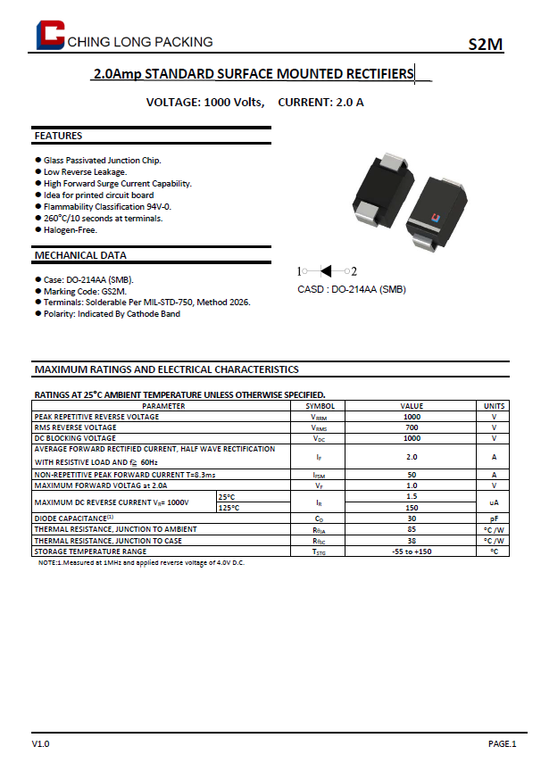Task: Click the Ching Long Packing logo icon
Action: pos(50,35)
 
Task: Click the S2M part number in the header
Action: pos(486,46)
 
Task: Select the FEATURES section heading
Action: pos(58,136)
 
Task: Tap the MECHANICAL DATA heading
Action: pos(80,255)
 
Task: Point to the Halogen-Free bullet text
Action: pos(71,229)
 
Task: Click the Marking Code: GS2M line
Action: pos(86,291)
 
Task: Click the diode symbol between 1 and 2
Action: pos(327,271)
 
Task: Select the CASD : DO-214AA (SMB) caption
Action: pos(351,289)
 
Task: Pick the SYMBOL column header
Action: pos(319,406)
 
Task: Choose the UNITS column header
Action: pos(494,406)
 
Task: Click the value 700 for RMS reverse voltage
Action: pos(412,427)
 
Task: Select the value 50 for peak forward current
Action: pos(412,475)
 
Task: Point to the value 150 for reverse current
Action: pos(412,507)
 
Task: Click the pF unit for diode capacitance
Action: pos(494,518)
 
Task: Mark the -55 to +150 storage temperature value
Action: pos(412,551)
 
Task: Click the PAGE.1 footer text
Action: pos(502,743)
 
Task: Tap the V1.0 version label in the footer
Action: pos(41,743)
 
